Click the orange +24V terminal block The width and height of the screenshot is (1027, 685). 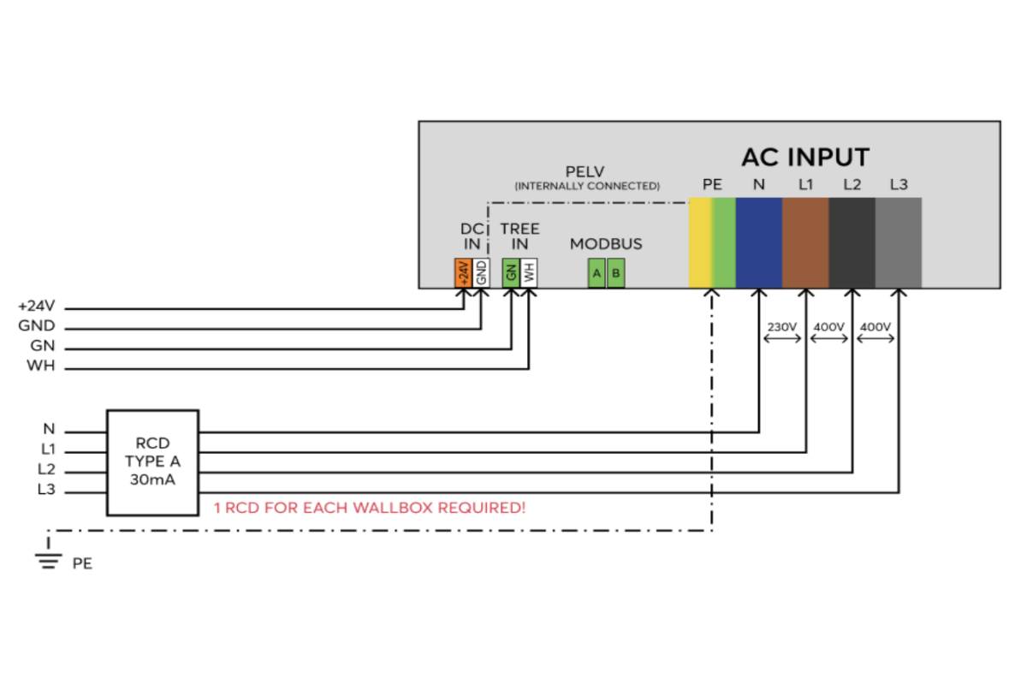[x=463, y=273]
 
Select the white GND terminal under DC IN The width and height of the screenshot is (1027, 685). [x=481, y=273]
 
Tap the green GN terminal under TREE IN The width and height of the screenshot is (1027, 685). [x=511, y=273]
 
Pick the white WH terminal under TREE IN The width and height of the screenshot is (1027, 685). [x=529, y=273]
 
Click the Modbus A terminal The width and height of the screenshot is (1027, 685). [x=597, y=273]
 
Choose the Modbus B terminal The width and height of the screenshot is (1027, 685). [x=615, y=273]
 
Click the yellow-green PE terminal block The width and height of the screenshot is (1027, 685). [x=712, y=242]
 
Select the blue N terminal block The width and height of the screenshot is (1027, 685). [x=759, y=242]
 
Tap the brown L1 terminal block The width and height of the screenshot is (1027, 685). [x=805, y=242]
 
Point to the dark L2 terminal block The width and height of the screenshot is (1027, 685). [x=852, y=242]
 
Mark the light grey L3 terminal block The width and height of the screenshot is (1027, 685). [x=899, y=242]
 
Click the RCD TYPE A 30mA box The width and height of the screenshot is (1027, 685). [x=152, y=462]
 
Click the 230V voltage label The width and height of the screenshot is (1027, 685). [x=782, y=327]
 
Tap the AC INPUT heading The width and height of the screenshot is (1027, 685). [x=805, y=158]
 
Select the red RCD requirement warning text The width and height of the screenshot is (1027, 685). [x=370, y=508]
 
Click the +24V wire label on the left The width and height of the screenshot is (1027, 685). [x=36, y=306]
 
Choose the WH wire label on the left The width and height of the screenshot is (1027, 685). [x=41, y=366]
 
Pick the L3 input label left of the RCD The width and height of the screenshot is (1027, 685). [x=46, y=489]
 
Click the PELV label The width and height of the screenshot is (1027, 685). [x=585, y=171]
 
